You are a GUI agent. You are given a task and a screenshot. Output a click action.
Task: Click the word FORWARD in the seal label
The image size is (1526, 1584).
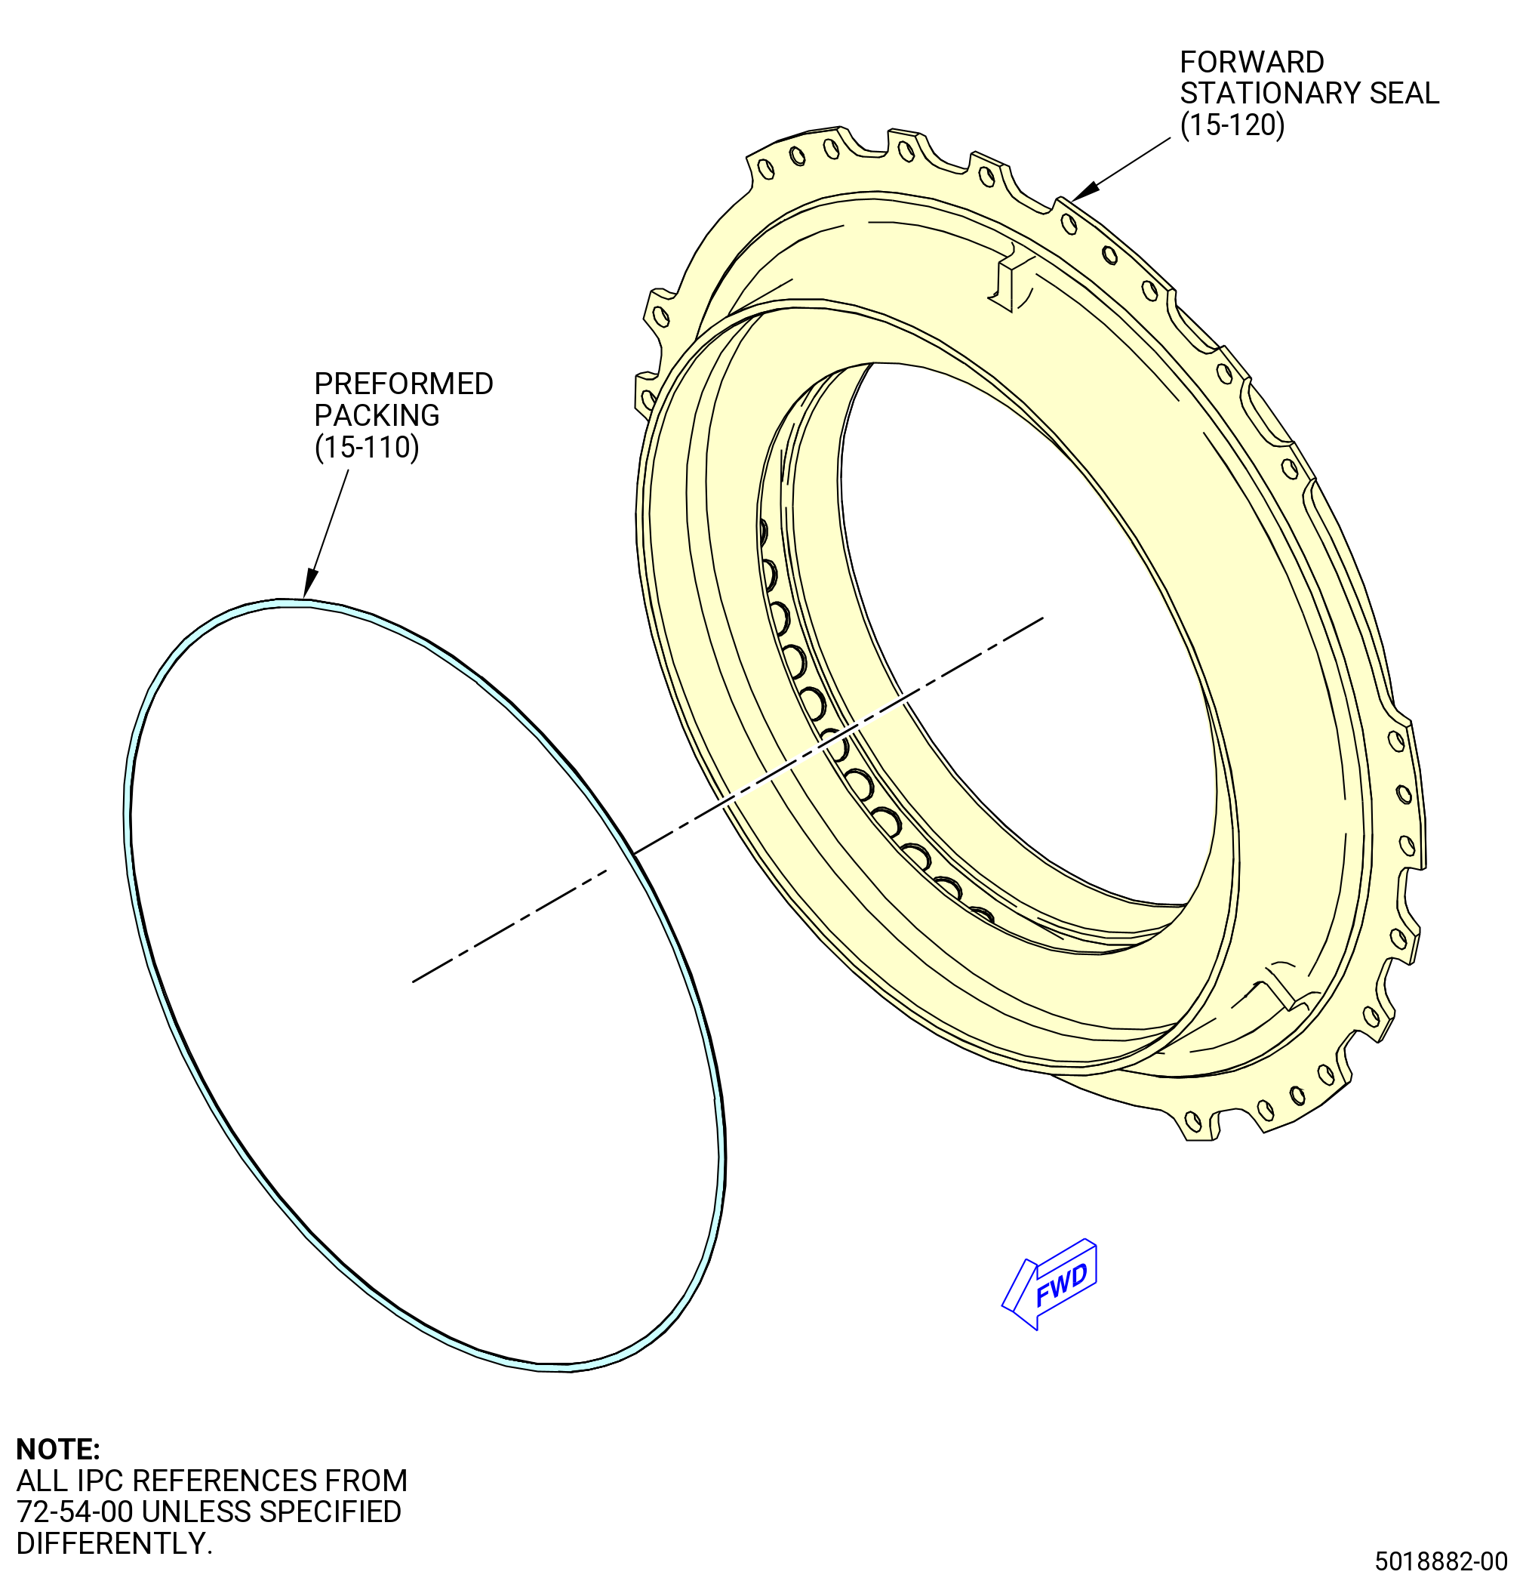pyautogui.click(x=1252, y=62)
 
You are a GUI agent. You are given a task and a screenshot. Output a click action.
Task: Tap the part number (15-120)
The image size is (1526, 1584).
pyautogui.click(x=1232, y=125)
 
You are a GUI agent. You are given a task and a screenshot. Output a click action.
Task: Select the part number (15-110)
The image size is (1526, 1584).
pyautogui.click(x=367, y=447)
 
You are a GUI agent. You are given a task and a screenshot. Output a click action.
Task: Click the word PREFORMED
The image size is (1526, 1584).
pyautogui.click(x=404, y=384)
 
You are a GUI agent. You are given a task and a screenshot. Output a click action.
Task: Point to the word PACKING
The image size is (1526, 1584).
pyautogui.click(x=377, y=415)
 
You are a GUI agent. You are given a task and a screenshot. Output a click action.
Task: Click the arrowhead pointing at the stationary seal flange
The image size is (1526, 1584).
pyautogui.click(x=1086, y=191)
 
